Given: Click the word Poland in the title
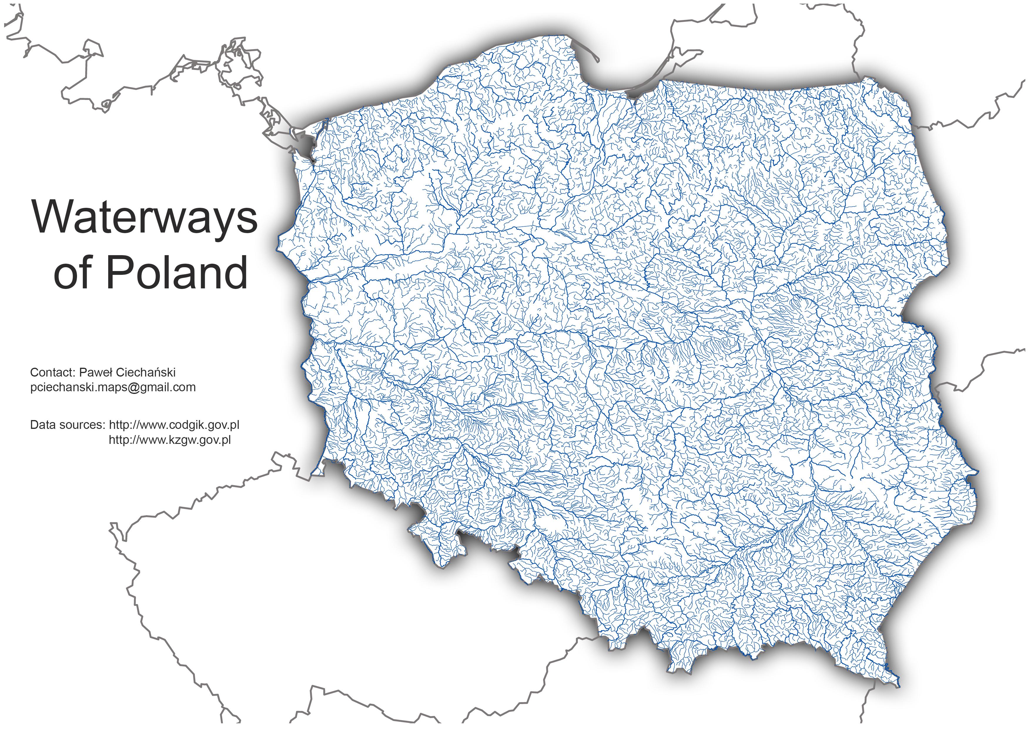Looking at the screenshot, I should tap(176, 273).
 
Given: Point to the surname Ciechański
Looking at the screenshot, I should tap(145, 372).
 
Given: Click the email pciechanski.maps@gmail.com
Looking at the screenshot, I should tap(113, 387).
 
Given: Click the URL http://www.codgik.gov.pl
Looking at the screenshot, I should tap(174, 425).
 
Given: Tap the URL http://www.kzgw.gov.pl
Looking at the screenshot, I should tap(170, 440).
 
